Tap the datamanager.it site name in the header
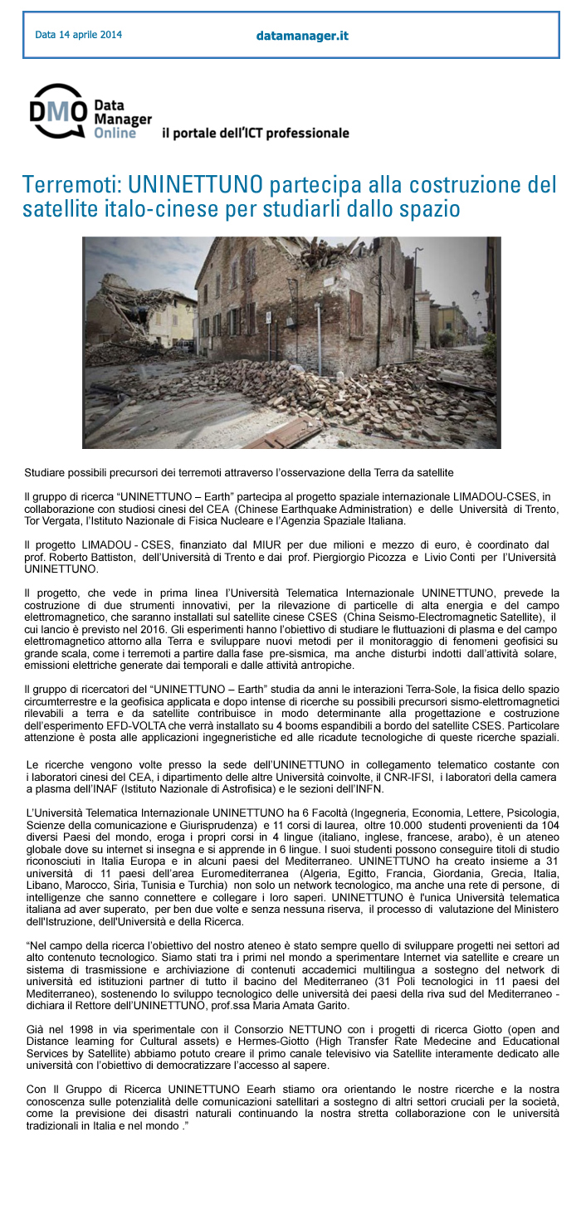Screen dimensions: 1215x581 click(302, 36)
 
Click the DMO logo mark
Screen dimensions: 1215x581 click(57, 111)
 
